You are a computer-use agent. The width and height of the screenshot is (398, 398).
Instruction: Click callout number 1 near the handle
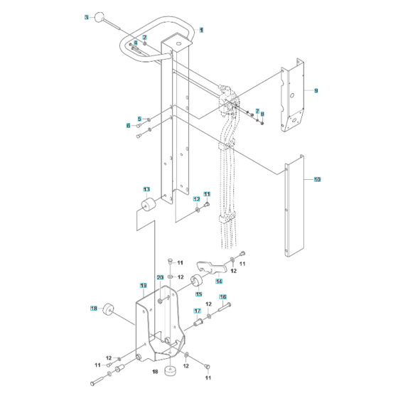(201, 30)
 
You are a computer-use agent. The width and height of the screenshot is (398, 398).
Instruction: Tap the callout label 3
(87, 16)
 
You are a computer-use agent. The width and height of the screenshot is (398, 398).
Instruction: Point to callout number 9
(316, 91)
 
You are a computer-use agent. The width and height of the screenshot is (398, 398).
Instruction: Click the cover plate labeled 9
(293, 99)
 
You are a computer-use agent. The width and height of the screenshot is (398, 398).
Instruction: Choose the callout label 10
(317, 180)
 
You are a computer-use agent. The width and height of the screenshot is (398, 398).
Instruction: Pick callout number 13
(146, 190)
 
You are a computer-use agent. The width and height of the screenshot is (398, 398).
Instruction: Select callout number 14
(219, 281)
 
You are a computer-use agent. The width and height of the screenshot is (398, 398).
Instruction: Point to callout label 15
(198, 294)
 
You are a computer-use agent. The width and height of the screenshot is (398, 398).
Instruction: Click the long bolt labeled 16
(222, 306)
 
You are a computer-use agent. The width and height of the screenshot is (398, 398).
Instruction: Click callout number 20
(160, 277)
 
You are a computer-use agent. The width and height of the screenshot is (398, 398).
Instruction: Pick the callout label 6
(129, 125)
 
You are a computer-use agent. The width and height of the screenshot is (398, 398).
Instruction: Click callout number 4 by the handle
(136, 43)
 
